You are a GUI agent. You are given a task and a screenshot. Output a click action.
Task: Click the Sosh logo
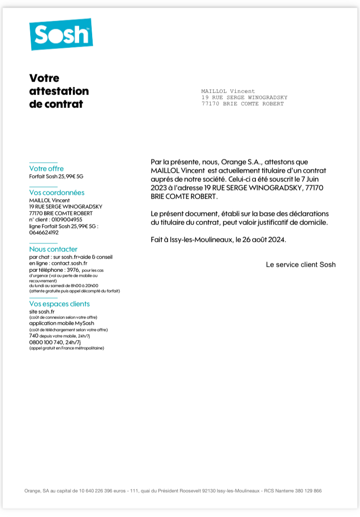click(61, 34)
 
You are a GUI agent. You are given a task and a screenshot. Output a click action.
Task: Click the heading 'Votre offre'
click(46, 168)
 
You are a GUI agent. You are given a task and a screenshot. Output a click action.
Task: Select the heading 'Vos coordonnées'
click(57, 192)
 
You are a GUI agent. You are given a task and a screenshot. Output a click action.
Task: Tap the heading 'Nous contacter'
click(53, 249)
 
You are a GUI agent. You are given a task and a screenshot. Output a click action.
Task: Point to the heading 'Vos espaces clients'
click(60, 304)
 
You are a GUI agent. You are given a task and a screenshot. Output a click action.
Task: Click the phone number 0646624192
click(44, 233)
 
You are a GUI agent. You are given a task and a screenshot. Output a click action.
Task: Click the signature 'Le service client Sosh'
click(300, 264)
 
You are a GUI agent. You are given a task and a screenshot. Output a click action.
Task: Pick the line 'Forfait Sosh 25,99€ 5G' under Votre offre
click(56, 176)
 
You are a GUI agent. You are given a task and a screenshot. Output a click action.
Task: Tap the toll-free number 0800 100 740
click(46, 342)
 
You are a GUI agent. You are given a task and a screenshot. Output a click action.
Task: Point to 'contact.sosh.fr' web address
click(69, 263)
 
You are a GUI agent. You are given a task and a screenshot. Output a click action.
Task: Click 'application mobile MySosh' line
click(61, 323)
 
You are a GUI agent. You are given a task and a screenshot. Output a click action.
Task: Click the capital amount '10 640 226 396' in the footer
click(99, 491)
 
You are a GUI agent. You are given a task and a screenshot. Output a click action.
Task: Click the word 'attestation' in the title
click(59, 91)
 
